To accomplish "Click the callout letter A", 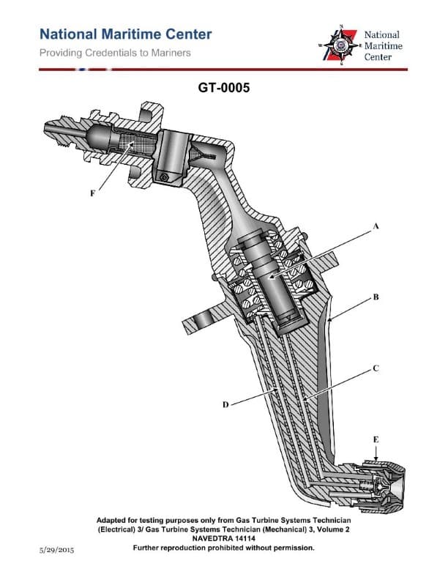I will [x=376, y=227].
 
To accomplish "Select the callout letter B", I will [x=376, y=297].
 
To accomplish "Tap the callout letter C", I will [x=376, y=368].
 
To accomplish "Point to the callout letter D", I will [x=226, y=404].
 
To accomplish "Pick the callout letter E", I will [x=376, y=439].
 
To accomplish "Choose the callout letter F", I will [x=92, y=193].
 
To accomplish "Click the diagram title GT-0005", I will [x=224, y=88].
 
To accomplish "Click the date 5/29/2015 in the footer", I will [x=59, y=549].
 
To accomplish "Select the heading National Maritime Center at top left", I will [x=125, y=34].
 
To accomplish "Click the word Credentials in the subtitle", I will [x=111, y=53].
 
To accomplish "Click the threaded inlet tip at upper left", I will [x=53, y=130].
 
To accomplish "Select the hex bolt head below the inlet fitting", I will [x=165, y=176].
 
